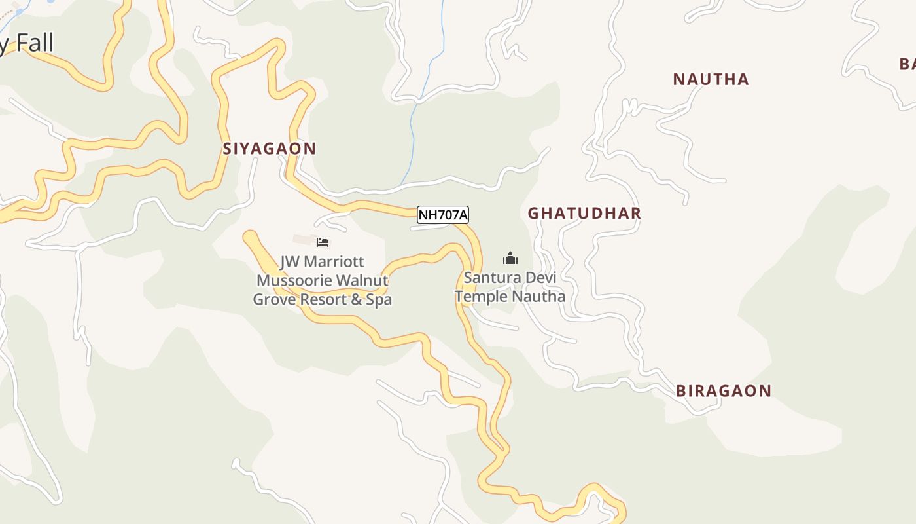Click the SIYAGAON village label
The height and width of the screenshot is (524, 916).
pyautogui.click(x=269, y=149)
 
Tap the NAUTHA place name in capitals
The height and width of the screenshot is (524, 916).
pyautogui.click(x=711, y=79)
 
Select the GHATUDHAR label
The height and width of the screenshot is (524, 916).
pyautogui.click(x=584, y=213)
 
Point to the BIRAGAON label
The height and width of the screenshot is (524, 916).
pyautogui.click(x=723, y=391)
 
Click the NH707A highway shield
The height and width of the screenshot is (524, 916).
pyautogui.click(x=443, y=215)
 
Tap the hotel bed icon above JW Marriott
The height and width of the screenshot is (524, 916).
pyautogui.click(x=323, y=242)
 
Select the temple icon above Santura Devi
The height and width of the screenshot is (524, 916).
pyautogui.click(x=510, y=258)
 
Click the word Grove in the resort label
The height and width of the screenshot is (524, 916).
pyautogui.click(x=273, y=300)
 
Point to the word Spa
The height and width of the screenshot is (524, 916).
pyautogui.click(x=379, y=300)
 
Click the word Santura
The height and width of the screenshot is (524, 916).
pyautogui.click(x=487, y=277)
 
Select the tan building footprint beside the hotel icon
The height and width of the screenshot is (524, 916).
pyautogui.click(x=303, y=240)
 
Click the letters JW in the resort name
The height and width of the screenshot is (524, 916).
pyautogui.click(x=289, y=262)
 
